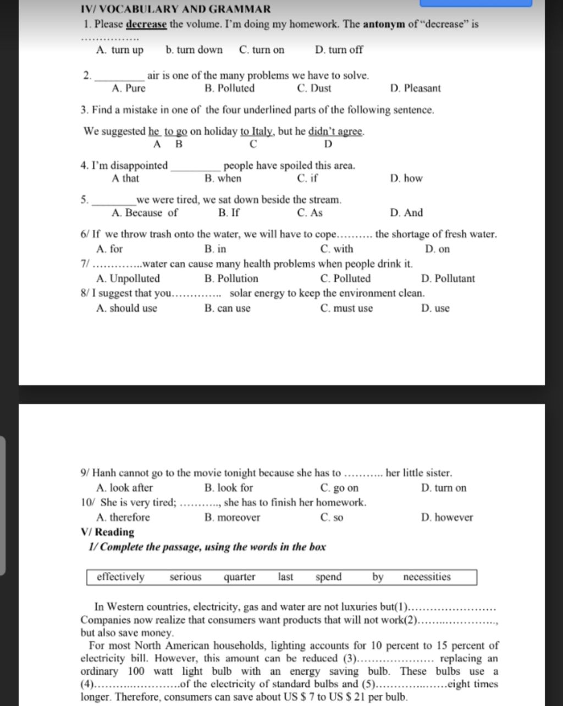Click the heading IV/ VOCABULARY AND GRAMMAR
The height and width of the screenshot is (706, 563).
pyautogui.click(x=175, y=9)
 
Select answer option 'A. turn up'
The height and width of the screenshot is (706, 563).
pyautogui.click(x=119, y=50)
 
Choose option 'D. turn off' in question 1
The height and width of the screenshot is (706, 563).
pyautogui.click(x=339, y=50)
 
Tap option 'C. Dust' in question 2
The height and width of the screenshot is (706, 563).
pyautogui.click(x=314, y=88)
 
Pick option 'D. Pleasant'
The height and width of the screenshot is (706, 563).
pyautogui.click(x=415, y=88)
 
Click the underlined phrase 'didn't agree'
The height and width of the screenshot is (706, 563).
pyautogui.click(x=335, y=131)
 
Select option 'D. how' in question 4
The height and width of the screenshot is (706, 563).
pyautogui.click(x=406, y=179)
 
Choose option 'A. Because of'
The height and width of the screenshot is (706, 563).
pyautogui.click(x=145, y=213)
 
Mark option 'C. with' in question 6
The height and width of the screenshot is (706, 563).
pyautogui.click(x=336, y=249)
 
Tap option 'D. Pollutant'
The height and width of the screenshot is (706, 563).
pyautogui.click(x=448, y=279)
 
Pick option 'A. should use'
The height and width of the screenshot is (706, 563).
pyautogui.click(x=126, y=308)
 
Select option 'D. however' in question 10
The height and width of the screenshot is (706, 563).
pyautogui.click(x=447, y=518)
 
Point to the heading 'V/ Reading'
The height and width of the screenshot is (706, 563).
pyautogui.click(x=107, y=532)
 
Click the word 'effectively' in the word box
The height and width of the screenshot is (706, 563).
pyautogui.click(x=120, y=577)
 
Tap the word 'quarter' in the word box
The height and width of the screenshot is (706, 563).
pyautogui.click(x=239, y=577)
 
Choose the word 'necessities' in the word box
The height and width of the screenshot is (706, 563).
pyautogui.click(x=427, y=577)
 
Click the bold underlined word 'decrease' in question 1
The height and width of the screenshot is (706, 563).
pyautogui.click(x=146, y=25)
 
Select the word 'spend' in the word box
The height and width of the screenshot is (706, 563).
pyautogui.click(x=329, y=577)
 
